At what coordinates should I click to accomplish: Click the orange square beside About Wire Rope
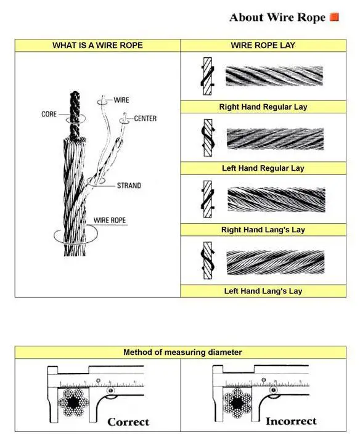[x=335, y=17]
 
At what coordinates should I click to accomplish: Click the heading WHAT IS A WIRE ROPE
[x=97, y=46]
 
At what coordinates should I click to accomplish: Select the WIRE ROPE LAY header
[x=263, y=46]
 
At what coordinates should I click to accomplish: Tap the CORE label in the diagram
[x=49, y=115]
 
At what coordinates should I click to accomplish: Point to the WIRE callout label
[x=121, y=99]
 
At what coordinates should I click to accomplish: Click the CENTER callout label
[x=145, y=118]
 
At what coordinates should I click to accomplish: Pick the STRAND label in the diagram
[x=129, y=185]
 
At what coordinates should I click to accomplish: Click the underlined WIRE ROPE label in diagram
[x=110, y=220]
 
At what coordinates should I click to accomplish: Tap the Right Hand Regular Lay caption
[x=263, y=107]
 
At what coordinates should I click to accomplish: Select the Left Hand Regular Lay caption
[x=263, y=168]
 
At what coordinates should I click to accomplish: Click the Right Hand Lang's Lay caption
[x=263, y=230]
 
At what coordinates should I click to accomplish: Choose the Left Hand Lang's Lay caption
[x=263, y=291]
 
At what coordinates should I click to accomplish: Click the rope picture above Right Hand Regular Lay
[x=274, y=76]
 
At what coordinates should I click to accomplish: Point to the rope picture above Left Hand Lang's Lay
[x=275, y=262]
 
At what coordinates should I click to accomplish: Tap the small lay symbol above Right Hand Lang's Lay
[x=208, y=200]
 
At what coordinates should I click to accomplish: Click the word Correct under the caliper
[x=128, y=422]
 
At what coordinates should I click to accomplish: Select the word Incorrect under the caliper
[x=291, y=422]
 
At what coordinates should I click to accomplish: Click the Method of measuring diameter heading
[x=182, y=352]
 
